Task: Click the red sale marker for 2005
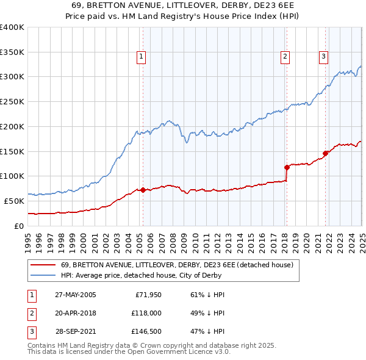(143, 190)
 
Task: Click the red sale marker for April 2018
(287, 167)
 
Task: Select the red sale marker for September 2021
(325, 153)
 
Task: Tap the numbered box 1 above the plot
(141, 57)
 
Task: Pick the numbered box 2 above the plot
(285, 57)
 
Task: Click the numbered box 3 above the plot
(323, 57)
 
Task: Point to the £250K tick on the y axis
(12, 101)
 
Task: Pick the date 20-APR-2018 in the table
(76, 314)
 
